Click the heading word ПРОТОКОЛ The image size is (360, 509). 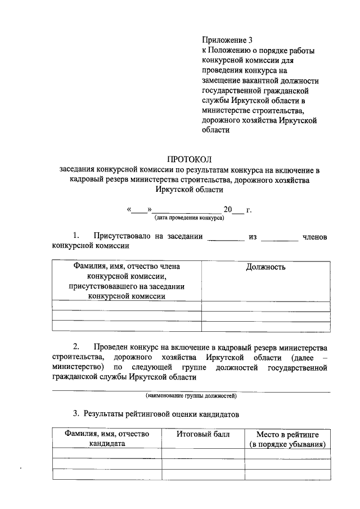click(191, 159)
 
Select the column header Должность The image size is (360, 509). click(265, 267)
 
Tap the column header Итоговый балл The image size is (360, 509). click(202, 434)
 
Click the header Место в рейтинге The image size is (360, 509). click(287, 434)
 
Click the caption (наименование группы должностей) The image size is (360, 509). click(190, 396)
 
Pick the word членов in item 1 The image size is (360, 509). click(314, 236)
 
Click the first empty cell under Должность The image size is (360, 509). click(265, 307)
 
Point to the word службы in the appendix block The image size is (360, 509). click(215, 100)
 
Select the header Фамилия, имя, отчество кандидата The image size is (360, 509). click(106, 439)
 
